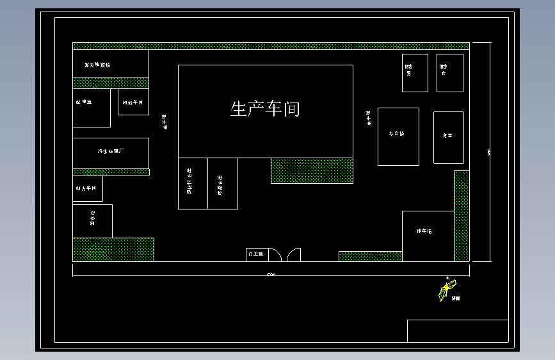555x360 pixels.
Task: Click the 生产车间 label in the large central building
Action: coord(265,109)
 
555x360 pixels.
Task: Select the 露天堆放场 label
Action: coord(97,65)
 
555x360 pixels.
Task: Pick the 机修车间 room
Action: coord(133,102)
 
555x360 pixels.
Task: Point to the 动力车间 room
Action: coord(86,189)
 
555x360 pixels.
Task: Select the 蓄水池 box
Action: coord(92,221)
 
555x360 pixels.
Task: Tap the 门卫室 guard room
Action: coord(255,254)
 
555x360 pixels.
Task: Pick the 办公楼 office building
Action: coord(398,135)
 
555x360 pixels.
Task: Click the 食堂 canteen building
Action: coord(448,136)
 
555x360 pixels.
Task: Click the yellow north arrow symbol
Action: coord(446,290)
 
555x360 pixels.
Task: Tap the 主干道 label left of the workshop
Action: coord(165,122)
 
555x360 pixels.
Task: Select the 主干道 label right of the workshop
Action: coord(369,119)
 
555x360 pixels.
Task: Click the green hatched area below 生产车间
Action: coord(312,170)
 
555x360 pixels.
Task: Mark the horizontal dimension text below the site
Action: coord(271,275)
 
